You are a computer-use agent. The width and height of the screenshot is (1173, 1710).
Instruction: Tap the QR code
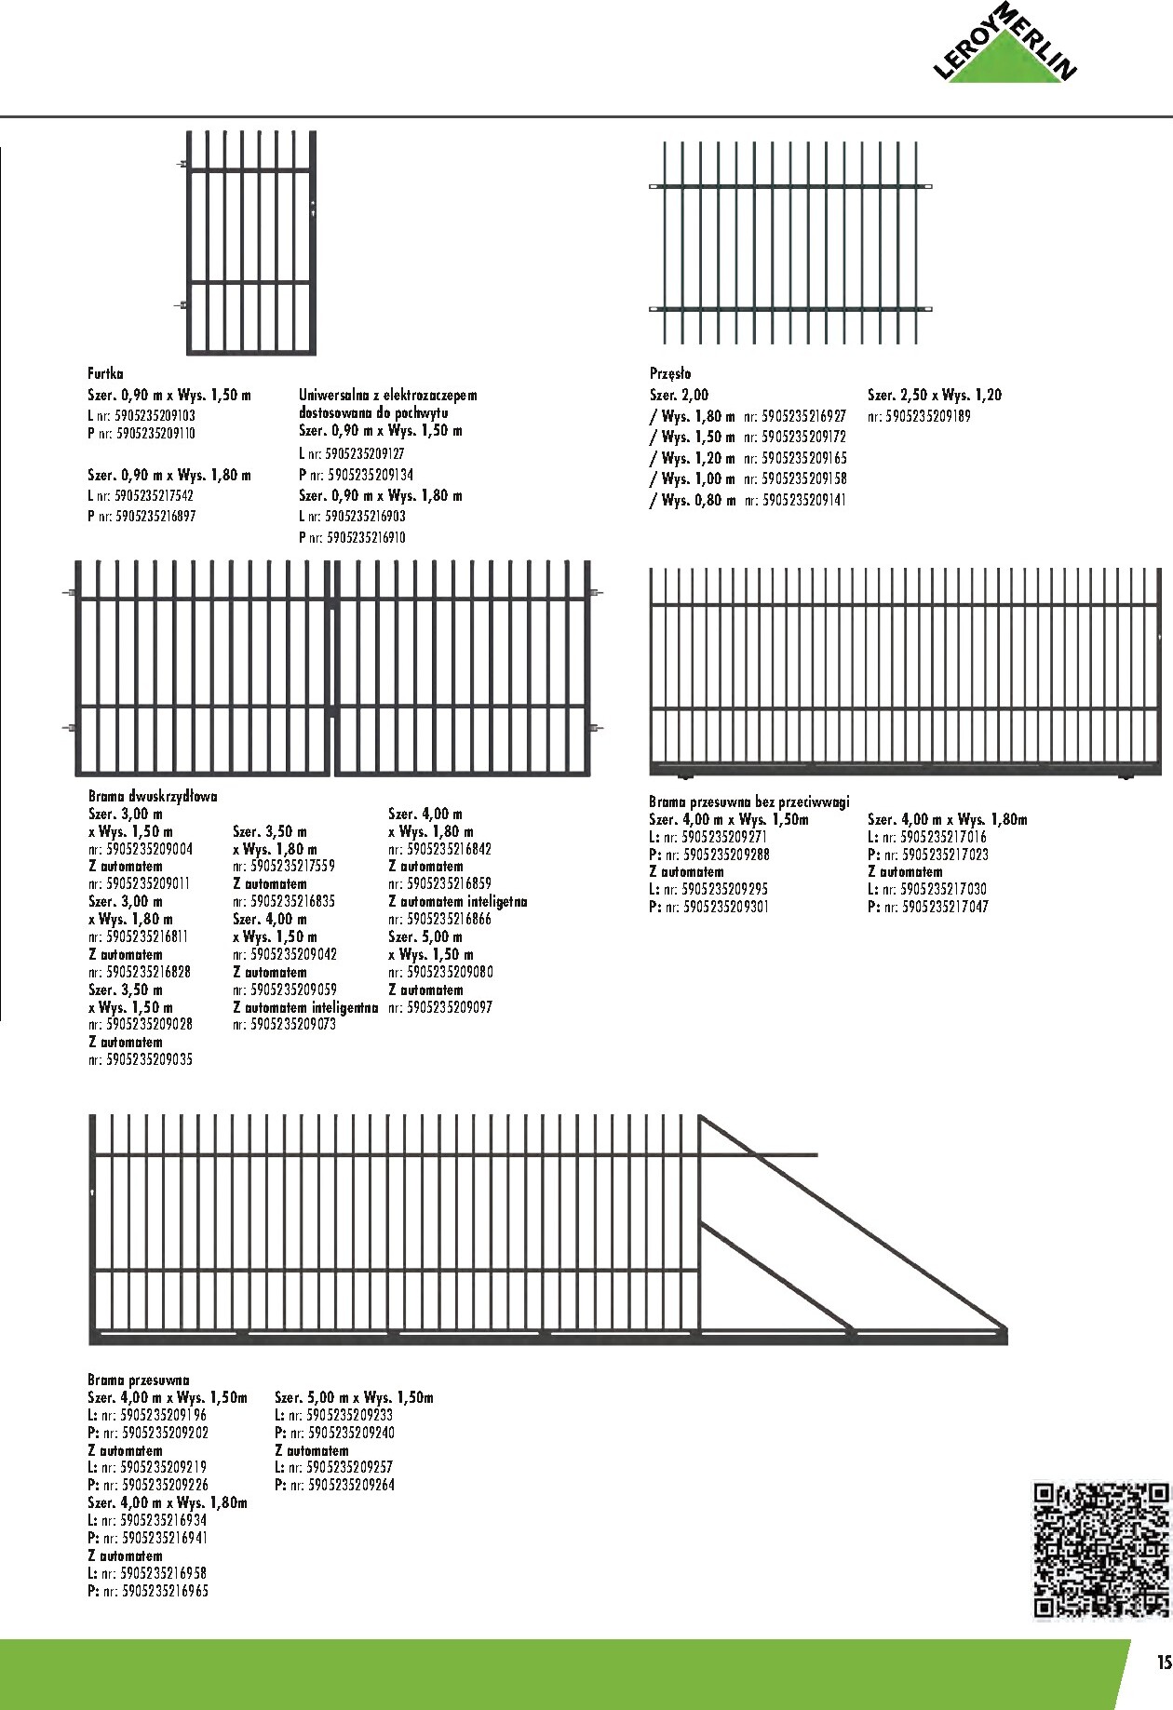(x=1101, y=1551)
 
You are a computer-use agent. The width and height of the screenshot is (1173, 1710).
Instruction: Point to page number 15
(x=1162, y=1663)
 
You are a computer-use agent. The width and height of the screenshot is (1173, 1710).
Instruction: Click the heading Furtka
(x=105, y=374)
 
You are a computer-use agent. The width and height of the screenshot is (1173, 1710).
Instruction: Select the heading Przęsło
(x=670, y=374)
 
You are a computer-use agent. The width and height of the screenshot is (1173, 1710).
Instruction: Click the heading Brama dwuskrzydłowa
(x=153, y=797)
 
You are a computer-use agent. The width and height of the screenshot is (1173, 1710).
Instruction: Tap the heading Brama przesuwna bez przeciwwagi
(x=748, y=801)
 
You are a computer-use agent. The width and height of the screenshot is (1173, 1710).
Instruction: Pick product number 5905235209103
(x=155, y=416)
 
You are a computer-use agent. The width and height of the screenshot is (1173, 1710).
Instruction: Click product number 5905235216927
(x=804, y=416)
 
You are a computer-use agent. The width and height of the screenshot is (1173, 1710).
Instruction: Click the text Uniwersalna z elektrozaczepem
(x=387, y=396)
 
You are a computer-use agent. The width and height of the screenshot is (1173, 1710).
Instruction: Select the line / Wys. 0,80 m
(x=692, y=500)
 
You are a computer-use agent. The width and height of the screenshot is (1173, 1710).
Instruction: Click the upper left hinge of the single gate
(x=183, y=166)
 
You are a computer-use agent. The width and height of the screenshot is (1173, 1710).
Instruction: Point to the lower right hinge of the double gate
(x=596, y=727)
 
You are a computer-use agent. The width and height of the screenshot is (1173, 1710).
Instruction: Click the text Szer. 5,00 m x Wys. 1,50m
(x=354, y=1397)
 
